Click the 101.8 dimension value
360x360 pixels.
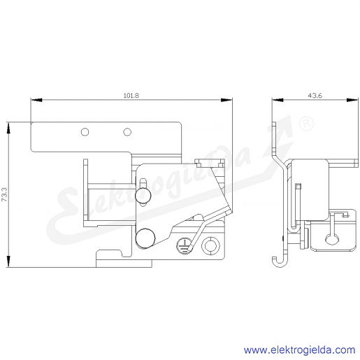131,96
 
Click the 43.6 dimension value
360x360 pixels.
315,96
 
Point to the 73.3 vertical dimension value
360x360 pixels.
5,194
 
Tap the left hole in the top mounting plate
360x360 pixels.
85,132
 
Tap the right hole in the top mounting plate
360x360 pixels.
127,132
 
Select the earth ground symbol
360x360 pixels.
184,245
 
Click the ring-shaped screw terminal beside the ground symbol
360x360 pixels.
210,246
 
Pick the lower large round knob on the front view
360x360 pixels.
145,238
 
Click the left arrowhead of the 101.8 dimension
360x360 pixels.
36,100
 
